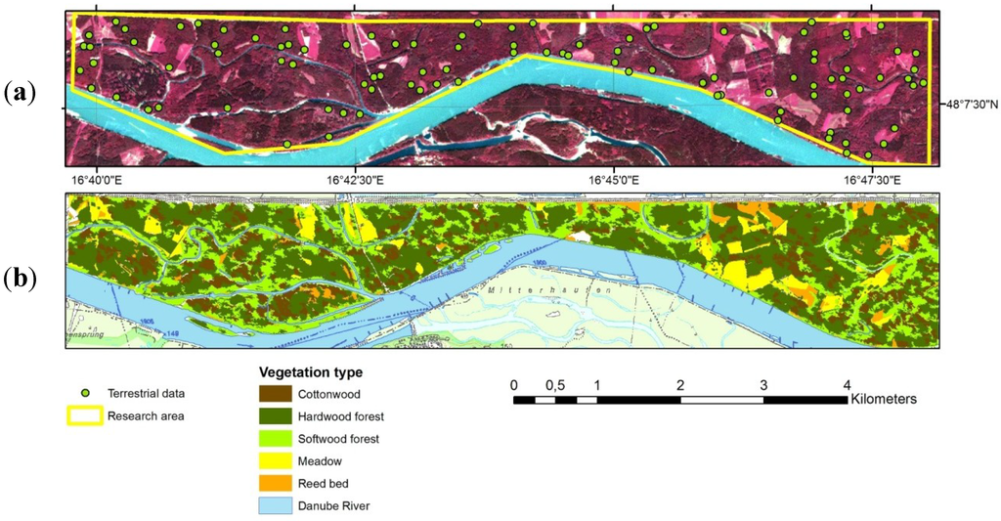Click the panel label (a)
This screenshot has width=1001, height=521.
pos(21,93)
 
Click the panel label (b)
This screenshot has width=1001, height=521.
pos(21,279)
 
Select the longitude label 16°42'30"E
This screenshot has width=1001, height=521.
pos(353,180)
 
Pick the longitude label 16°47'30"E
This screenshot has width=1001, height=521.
pos(874,180)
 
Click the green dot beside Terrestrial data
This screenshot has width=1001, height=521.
pos(86,393)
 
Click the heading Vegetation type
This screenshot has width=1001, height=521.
pos(310,372)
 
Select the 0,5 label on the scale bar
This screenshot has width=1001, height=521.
pos(554,383)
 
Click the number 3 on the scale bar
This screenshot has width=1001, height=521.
pos(763,383)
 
